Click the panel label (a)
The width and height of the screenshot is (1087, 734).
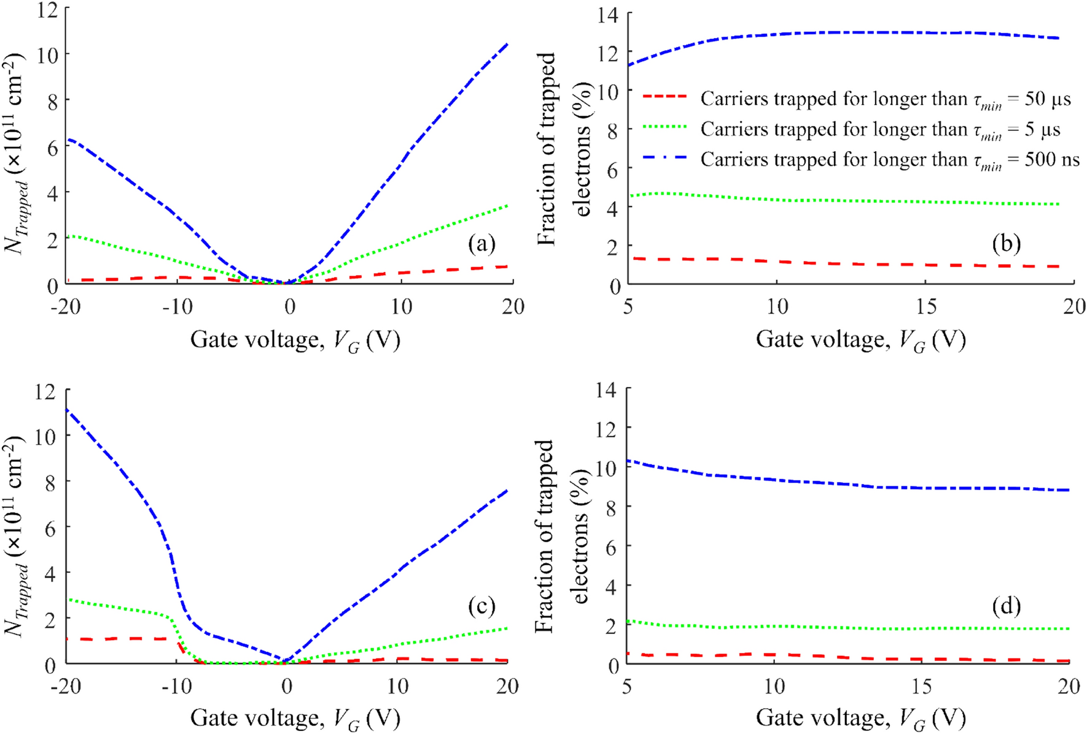click(481, 244)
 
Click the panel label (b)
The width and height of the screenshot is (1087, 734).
click(1007, 244)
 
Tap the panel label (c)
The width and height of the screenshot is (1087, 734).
click(481, 606)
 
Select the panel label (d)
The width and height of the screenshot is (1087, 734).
click(1007, 606)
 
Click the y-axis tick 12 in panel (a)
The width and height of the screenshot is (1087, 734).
click(48, 10)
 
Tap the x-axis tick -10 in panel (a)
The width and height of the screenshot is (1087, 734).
click(177, 306)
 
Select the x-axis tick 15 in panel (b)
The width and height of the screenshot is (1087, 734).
click(925, 306)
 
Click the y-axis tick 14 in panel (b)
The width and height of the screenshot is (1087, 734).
click(609, 15)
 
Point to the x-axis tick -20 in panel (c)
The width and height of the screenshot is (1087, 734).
click(66, 685)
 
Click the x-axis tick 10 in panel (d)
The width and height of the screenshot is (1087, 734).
click(774, 685)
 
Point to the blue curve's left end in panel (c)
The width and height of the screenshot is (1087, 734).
click(67, 410)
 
